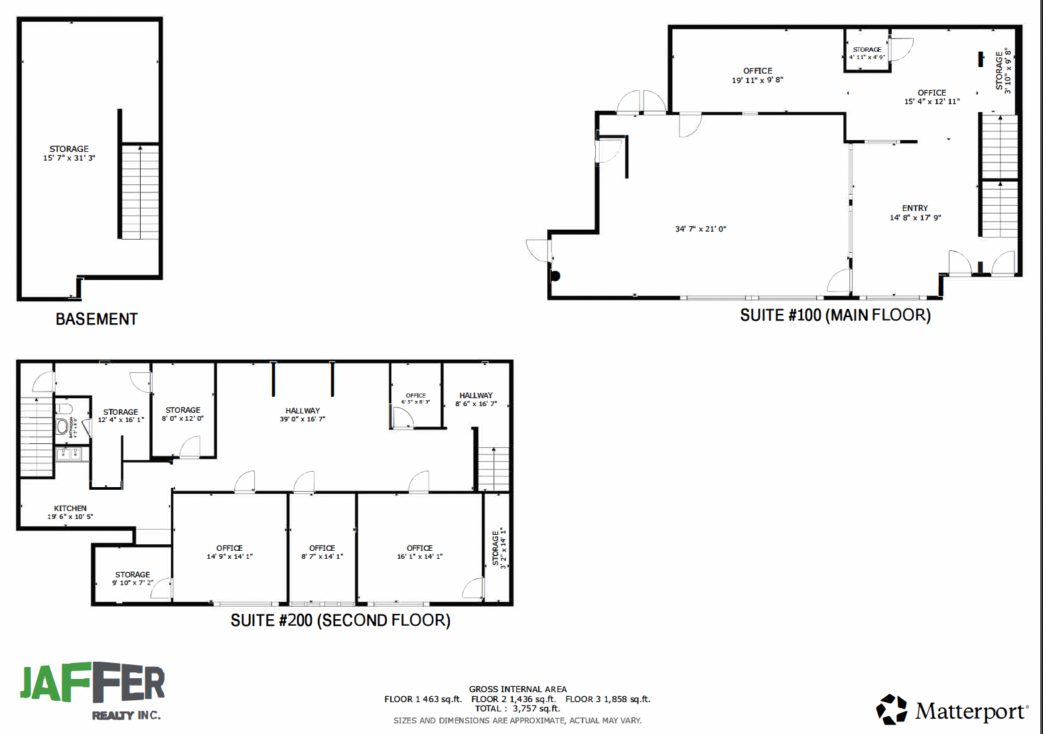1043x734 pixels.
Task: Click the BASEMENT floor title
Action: click(96, 319)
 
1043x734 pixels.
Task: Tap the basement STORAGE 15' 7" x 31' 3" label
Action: click(69, 153)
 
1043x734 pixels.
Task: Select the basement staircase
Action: click(140, 191)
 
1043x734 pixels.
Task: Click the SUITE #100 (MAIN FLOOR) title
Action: click(835, 315)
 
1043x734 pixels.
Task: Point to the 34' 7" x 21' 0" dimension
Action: click(701, 229)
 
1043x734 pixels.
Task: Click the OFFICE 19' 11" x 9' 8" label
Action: click(757, 75)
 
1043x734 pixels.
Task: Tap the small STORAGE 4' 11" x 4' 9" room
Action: click(867, 52)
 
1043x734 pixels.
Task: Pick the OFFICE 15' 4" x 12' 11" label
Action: click(932, 97)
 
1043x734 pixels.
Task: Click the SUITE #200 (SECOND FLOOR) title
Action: click(340, 621)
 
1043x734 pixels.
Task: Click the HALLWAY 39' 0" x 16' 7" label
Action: click(303, 415)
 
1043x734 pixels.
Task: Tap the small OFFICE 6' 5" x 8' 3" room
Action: click(416, 398)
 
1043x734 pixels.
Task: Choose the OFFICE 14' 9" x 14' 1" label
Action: click(230, 552)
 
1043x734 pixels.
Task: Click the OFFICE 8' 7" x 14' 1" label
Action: click(322, 552)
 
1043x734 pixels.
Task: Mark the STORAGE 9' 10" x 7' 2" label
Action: click(133, 579)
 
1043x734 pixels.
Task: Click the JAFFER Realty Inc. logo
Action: click(92, 691)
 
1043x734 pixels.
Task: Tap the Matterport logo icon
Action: click(892, 710)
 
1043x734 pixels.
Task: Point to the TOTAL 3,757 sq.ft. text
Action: click(517, 708)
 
